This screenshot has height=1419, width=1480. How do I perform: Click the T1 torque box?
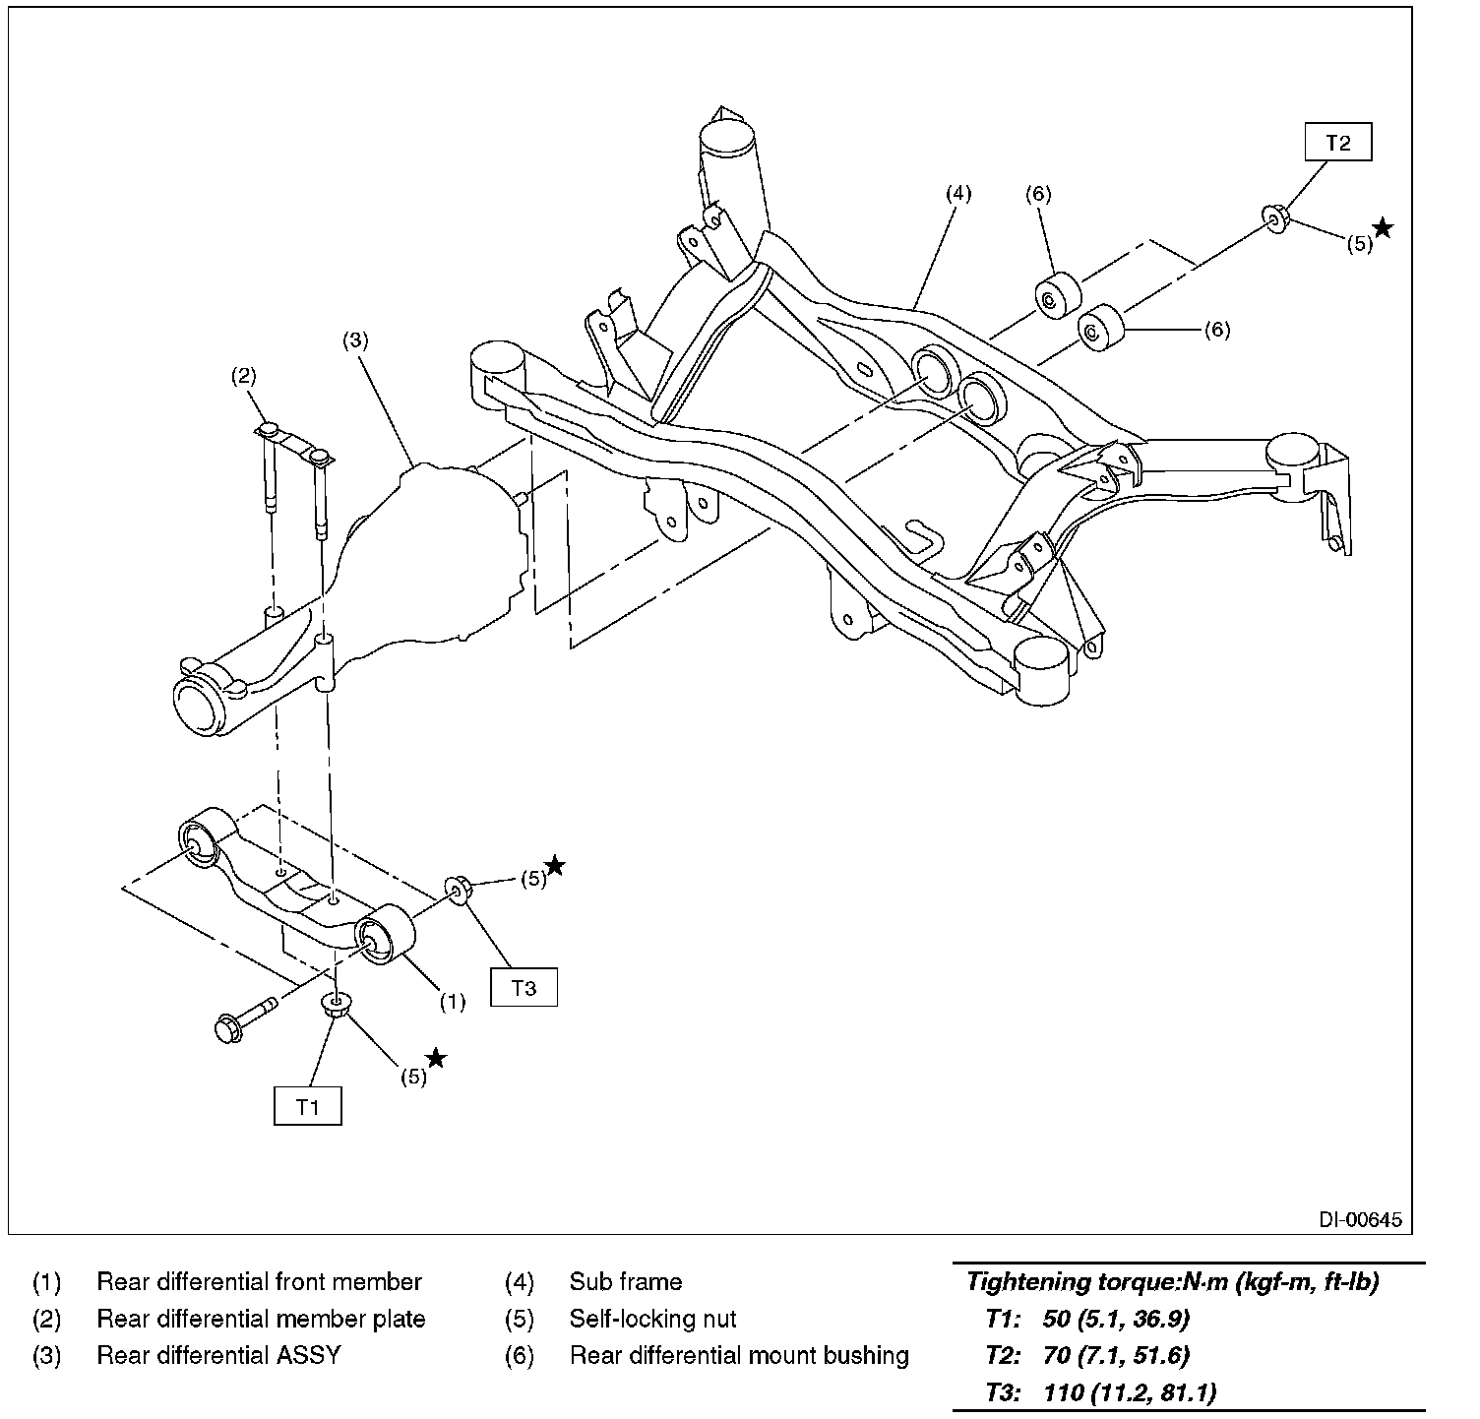point(308,1105)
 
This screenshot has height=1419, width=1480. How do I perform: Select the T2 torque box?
point(1337,142)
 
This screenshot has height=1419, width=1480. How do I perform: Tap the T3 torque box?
point(524,987)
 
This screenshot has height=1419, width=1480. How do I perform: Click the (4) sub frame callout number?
point(957,193)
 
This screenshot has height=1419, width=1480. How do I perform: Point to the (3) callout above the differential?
point(354,340)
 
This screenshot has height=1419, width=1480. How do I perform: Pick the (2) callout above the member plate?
point(243,374)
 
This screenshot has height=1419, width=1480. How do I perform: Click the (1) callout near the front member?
point(452,1002)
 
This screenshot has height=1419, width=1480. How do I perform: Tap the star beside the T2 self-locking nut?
point(1383,229)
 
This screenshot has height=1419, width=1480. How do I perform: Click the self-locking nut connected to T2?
point(1273,217)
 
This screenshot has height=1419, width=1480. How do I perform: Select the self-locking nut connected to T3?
point(460,888)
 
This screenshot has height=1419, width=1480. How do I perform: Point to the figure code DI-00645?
point(1360,1220)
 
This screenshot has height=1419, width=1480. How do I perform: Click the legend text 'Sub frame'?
point(625,1282)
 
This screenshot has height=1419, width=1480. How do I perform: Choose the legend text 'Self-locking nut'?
point(651,1319)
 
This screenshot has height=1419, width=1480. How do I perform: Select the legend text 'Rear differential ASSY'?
point(218,1355)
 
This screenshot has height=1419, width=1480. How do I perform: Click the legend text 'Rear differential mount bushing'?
point(738,1355)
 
